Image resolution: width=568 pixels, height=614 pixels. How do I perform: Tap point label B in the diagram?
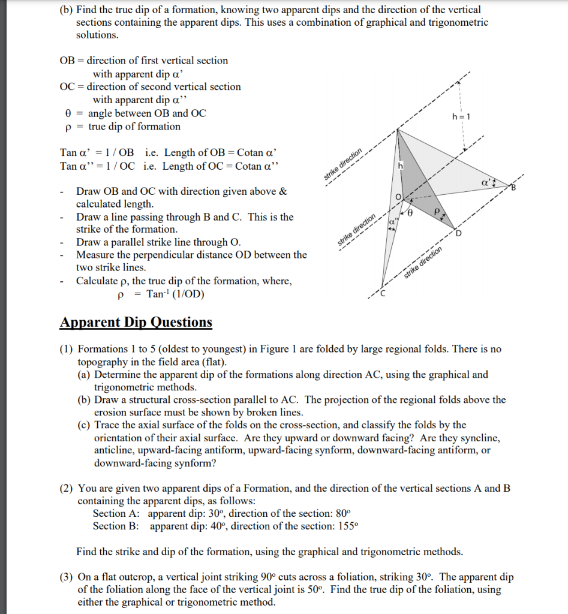point(513,189)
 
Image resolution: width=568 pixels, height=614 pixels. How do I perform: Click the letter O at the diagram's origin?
point(397,197)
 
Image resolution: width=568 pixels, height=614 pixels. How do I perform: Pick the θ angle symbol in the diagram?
point(410,212)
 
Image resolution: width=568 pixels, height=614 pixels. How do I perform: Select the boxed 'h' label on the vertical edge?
point(398,165)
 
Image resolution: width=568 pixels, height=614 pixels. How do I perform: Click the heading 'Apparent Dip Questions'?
point(136,323)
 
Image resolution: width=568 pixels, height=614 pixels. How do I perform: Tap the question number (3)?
point(67,577)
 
